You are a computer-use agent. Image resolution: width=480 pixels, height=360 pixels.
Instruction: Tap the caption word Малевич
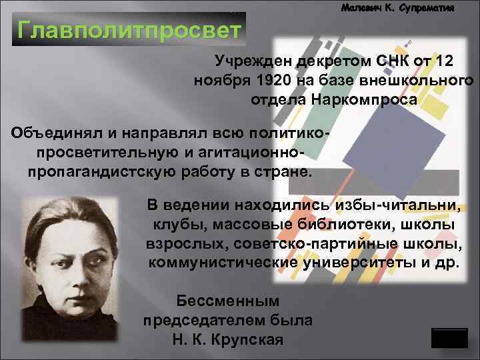point(363,9)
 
